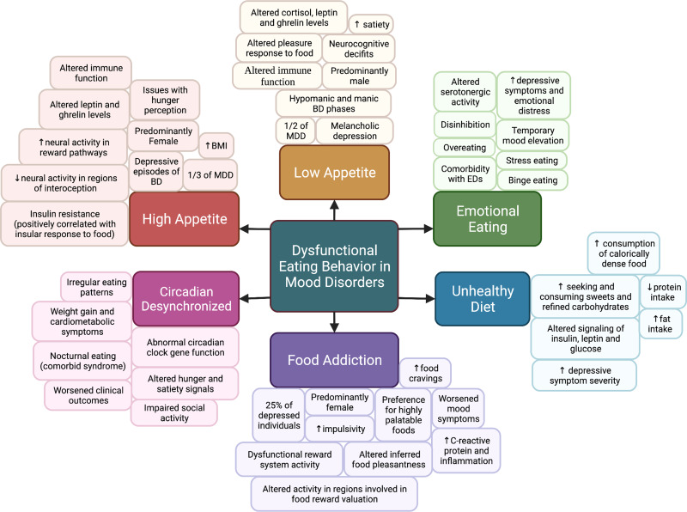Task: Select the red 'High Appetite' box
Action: tap(184, 220)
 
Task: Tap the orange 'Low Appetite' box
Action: tap(334, 171)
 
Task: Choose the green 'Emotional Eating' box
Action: tap(487, 220)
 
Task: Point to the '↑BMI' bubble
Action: tap(217, 144)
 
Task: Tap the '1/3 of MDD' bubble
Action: tap(212, 174)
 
